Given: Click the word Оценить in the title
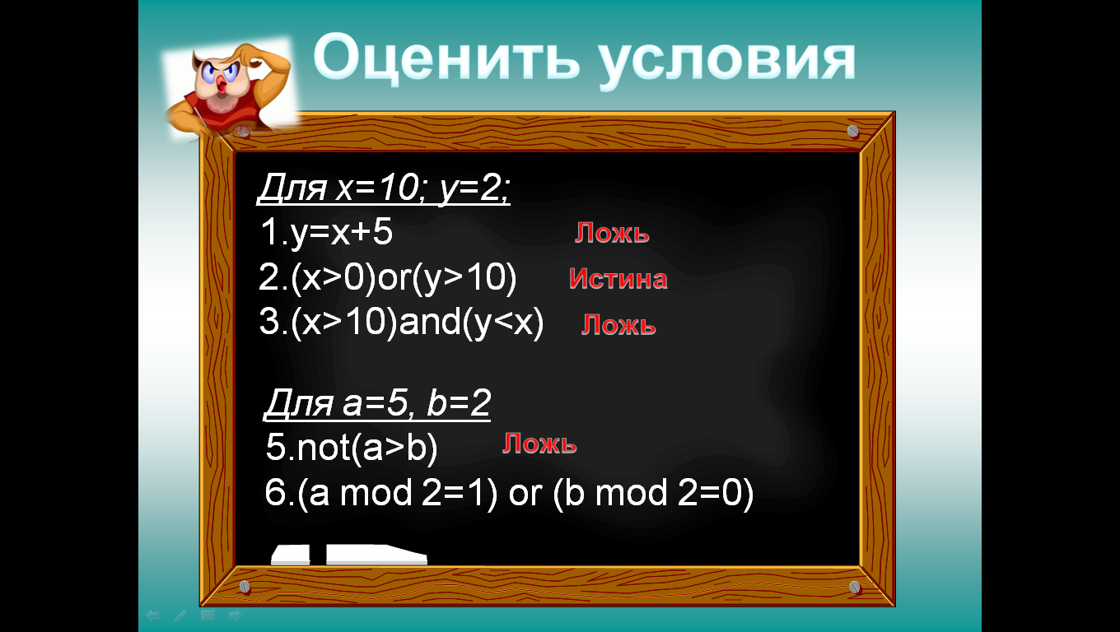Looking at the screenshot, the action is pyautogui.click(x=446, y=58).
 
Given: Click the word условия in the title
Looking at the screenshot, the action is pyautogui.click(x=727, y=63).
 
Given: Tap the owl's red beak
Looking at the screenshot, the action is pyautogui.click(x=222, y=85).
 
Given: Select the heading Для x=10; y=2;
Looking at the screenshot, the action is pyautogui.click(x=384, y=188).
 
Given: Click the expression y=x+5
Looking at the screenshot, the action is pyautogui.click(x=342, y=232).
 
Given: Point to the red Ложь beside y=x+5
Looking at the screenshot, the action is pyautogui.click(x=612, y=234).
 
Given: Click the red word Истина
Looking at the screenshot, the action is pyautogui.click(x=618, y=278).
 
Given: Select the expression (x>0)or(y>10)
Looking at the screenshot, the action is pyautogui.click(x=404, y=278).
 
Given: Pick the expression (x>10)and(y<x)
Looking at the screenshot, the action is pyautogui.click(x=417, y=323).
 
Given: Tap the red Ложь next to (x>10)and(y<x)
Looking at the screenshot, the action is pyautogui.click(x=618, y=325).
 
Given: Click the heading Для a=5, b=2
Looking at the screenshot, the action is pyautogui.click(x=377, y=402).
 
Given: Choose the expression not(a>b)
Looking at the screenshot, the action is pyautogui.click(x=367, y=448).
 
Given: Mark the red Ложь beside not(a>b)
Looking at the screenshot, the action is pyautogui.click(x=539, y=444).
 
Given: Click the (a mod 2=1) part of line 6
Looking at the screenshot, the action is pyautogui.click(x=398, y=494).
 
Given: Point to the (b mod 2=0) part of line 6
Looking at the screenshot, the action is pyautogui.click(x=653, y=494).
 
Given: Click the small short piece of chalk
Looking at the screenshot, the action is pyautogui.click(x=291, y=555).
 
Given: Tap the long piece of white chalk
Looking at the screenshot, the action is pyautogui.click(x=376, y=555).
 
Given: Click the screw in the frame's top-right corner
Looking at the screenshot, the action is pyautogui.click(x=853, y=132).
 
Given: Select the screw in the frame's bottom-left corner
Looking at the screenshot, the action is pyautogui.click(x=245, y=587).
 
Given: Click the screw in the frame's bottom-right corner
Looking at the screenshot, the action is pyautogui.click(x=855, y=587).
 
